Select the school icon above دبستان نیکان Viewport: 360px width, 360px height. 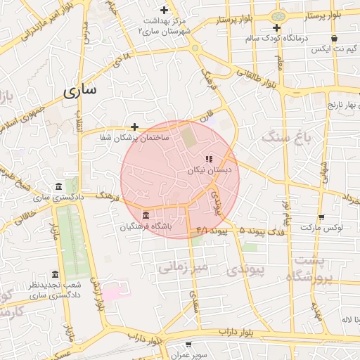click(209, 159)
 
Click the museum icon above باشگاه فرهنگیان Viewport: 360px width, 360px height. click(146, 215)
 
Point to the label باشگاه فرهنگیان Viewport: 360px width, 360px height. click(146, 226)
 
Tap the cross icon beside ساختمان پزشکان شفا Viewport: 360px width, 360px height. click(134, 127)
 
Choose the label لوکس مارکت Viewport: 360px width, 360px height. click(321, 229)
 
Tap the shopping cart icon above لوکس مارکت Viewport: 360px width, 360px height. click(321, 217)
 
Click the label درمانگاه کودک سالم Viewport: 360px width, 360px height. click(277, 39)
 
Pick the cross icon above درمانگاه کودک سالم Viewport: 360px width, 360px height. click(277, 28)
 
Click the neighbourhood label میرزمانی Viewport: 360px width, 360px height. click(181, 266)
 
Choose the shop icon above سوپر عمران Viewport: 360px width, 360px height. click(189, 345)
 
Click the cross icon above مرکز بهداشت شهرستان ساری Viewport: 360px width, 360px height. click(165, 10)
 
